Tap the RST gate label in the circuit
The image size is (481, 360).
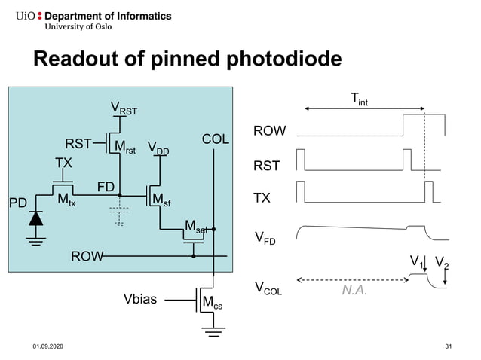click(x=78, y=144)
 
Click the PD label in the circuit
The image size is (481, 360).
click(x=17, y=203)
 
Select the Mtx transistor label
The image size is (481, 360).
click(x=66, y=200)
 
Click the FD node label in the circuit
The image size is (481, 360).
click(x=106, y=186)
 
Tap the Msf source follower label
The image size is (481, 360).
click(x=161, y=200)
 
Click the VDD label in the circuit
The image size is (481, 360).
click(x=158, y=148)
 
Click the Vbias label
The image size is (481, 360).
click(x=140, y=300)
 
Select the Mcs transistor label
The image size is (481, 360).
click(x=212, y=303)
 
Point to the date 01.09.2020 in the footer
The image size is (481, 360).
click(x=46, y=346)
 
